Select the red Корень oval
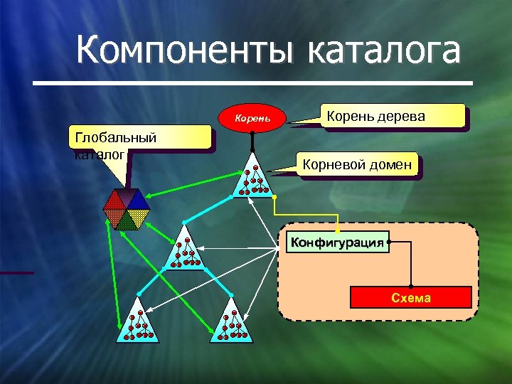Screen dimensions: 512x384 (x=253, y=116)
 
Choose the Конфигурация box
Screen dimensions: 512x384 (x=337, y=242)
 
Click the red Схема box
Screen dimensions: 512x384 (x=411, y=297)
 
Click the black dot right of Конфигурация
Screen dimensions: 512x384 (x=390, y=242)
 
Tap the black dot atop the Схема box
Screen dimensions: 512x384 (x=411, y=286)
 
